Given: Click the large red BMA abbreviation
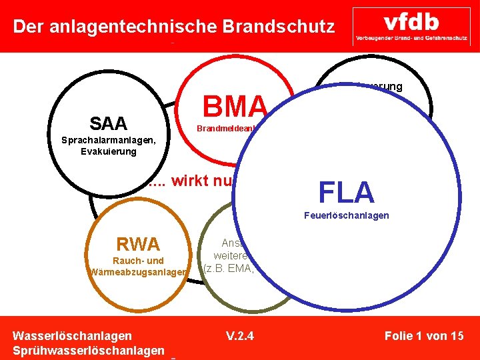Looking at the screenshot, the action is click(235, 105).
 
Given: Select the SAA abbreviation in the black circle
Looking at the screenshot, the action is click(108, 123).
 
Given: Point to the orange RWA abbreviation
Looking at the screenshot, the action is click(139, 244).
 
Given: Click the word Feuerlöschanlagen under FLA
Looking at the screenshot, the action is click(346, 216).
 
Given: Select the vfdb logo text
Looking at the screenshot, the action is click(411, 21).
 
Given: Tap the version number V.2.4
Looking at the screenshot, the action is click(239, 335).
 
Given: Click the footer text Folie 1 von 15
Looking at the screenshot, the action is click(424, 335).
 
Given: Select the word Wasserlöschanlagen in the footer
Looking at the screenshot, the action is click(72, 335).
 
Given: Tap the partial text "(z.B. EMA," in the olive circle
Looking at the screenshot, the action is click(229, 268).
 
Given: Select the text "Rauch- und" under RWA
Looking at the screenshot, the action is click(139, 261).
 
